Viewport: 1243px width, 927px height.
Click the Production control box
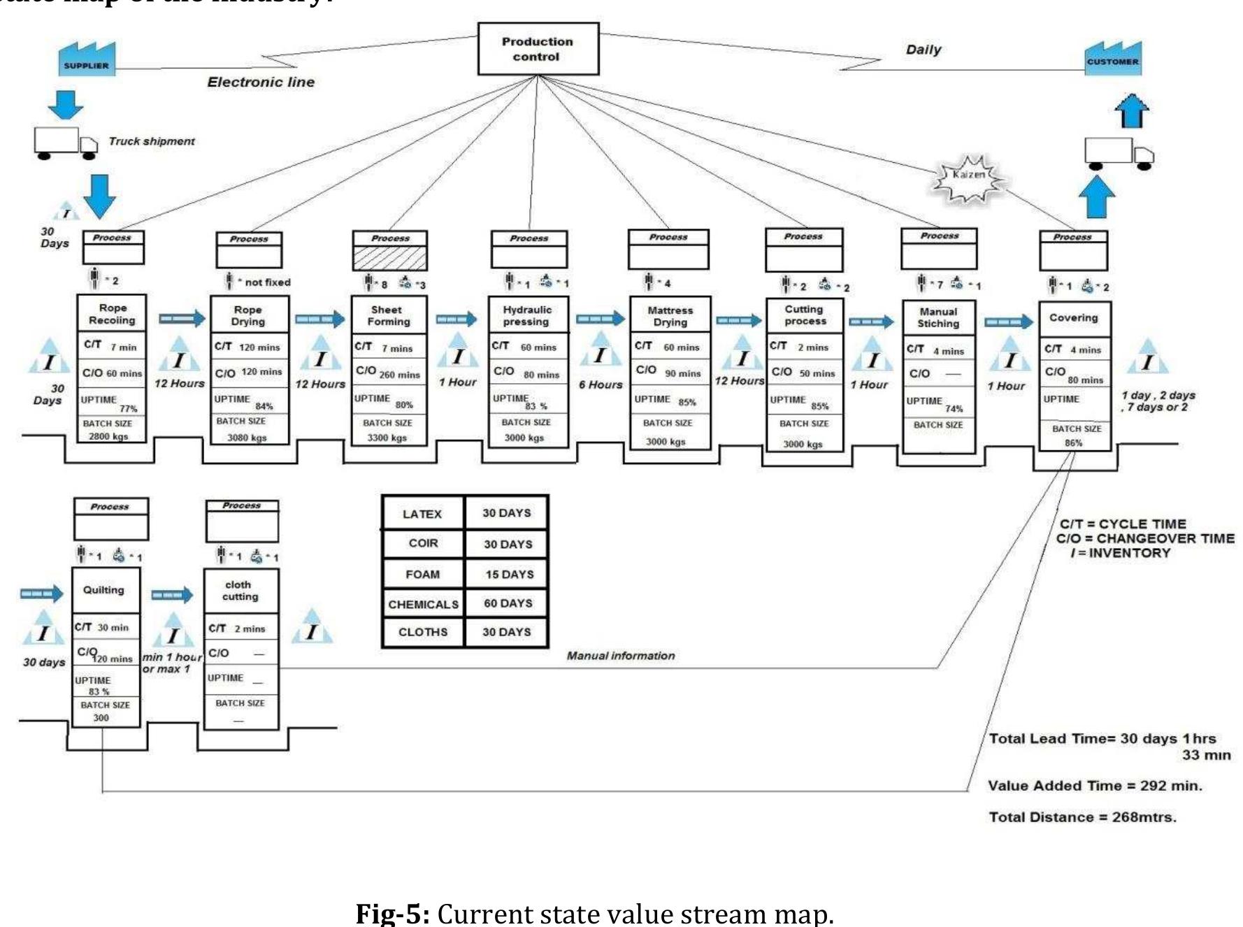(x=538, y=49)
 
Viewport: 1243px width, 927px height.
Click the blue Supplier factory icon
(x=87, y=59)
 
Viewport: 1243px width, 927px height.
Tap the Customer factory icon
(x=1113, y=58)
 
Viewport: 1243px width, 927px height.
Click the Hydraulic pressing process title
(x=527, y=315)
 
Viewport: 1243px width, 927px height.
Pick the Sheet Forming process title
(x=389, y=315)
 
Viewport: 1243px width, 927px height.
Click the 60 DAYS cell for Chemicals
(x=508, y=603)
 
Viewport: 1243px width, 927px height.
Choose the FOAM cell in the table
(x=423, y=574)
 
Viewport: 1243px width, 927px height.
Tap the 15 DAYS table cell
(x=509, y=574)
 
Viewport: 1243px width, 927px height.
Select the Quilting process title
(x=103, y=589)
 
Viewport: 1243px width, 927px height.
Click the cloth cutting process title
(x=239, y=590)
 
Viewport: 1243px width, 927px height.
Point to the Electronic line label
(x=261, y=82)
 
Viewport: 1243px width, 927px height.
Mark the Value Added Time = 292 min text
(x=1094, y=785)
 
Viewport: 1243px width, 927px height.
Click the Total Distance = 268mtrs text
(x=1082, y=817)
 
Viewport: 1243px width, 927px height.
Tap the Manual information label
(x=620, y=656)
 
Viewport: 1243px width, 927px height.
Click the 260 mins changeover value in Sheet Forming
(x=399, y=375)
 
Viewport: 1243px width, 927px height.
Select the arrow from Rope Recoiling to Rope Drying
(x=182, y=319)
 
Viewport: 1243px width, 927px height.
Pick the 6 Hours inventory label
(x=600, y=385)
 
